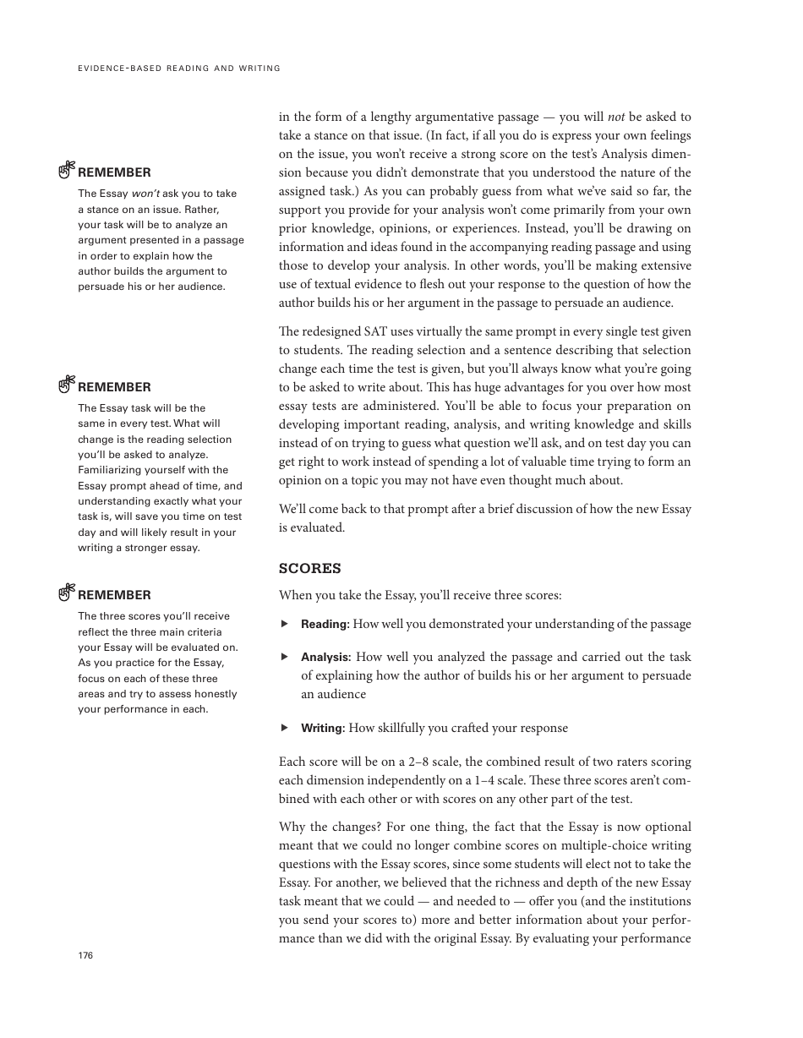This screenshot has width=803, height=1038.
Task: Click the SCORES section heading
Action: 309,569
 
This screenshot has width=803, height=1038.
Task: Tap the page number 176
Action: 85,955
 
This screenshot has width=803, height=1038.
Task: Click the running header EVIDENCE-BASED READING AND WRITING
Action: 178,68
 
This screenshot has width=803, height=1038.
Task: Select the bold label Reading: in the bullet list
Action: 325,625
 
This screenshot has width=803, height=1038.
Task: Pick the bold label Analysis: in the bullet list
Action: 325,657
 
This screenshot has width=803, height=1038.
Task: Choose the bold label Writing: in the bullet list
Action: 323,728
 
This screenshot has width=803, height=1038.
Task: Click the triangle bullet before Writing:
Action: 285,727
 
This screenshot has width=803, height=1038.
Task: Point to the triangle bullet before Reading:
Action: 285,624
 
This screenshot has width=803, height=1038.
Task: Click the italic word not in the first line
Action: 616,117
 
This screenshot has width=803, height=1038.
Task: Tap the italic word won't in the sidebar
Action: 145,194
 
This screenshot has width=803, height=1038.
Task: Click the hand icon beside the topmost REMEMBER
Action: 67,171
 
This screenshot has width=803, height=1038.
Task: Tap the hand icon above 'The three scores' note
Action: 67,593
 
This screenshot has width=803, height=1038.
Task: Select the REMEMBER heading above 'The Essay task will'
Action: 114,387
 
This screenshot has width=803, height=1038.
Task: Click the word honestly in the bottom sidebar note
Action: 216,694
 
